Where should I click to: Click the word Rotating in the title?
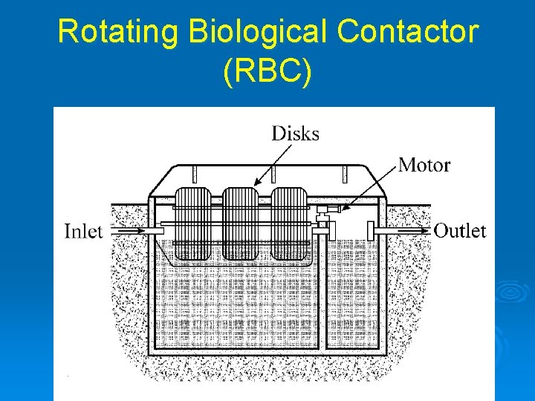click(x=118, y=32)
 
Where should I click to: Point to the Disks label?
click(x=295, y=134)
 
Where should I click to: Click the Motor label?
click(x=424, y=164)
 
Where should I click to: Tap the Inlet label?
click(x=83, y=231)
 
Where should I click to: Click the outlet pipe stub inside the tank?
click(x=369, y=230)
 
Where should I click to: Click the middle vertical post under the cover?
click(x=273, y=175)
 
